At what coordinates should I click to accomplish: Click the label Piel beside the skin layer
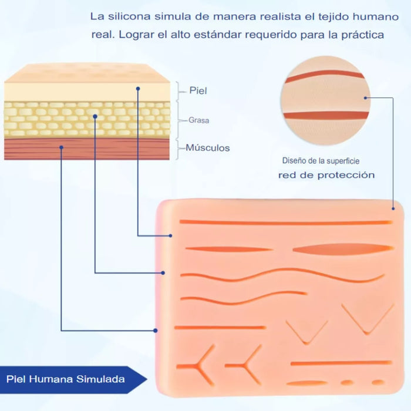coord(198,90)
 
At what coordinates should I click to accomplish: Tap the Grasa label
coord(198,120)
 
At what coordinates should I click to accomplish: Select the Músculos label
coord(208,148)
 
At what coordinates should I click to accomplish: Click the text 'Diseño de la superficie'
coord(321,161)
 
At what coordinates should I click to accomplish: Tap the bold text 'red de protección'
coord(326,175)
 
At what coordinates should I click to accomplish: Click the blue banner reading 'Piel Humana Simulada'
coord(73,379)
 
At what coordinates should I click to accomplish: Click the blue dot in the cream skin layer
coord(138,89)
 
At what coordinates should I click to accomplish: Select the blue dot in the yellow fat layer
coord(95,116)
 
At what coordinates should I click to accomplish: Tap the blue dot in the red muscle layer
coord(61,147)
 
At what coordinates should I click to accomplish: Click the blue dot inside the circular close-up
coord(365,98)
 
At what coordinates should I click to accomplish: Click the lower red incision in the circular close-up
coord(326,115)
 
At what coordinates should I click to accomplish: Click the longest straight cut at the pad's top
coord(286,223)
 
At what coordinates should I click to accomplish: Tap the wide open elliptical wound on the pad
coord(343,249)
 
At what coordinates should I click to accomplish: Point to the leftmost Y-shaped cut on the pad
coord(197,365)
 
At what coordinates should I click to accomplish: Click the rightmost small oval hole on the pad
coord(379,382)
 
